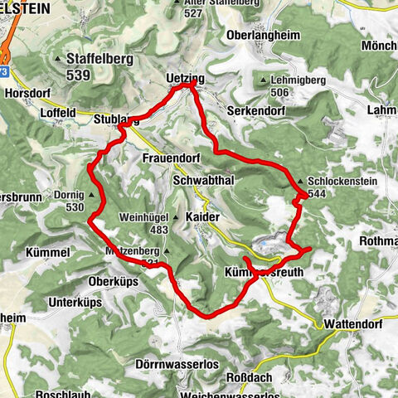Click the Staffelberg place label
pos(95,61)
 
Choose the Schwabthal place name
pos(204,179)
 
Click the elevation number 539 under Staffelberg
pos(95,75)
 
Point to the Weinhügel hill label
pos(141,216)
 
